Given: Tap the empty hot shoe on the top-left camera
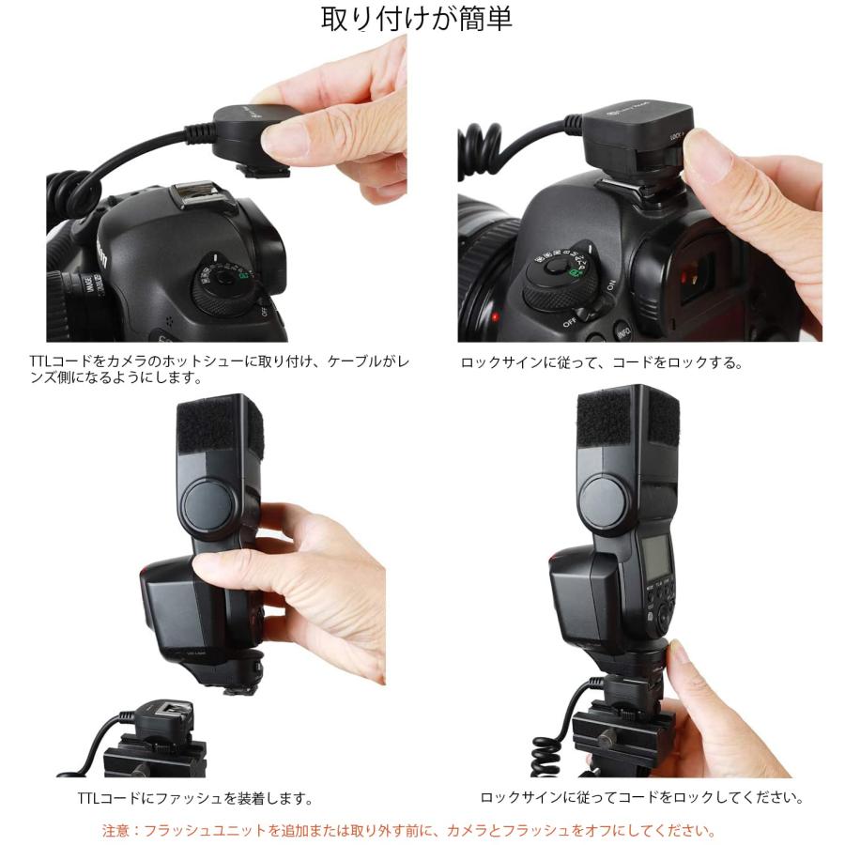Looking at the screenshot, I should [198, 200].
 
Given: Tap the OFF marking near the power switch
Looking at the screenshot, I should [569, 322].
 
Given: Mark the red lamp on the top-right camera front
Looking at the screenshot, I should [495, 318].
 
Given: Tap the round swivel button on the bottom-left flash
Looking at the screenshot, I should [210, 504].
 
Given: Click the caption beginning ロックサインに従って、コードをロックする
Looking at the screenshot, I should [601, 362].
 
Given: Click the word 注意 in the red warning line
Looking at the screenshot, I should [115, 830].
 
